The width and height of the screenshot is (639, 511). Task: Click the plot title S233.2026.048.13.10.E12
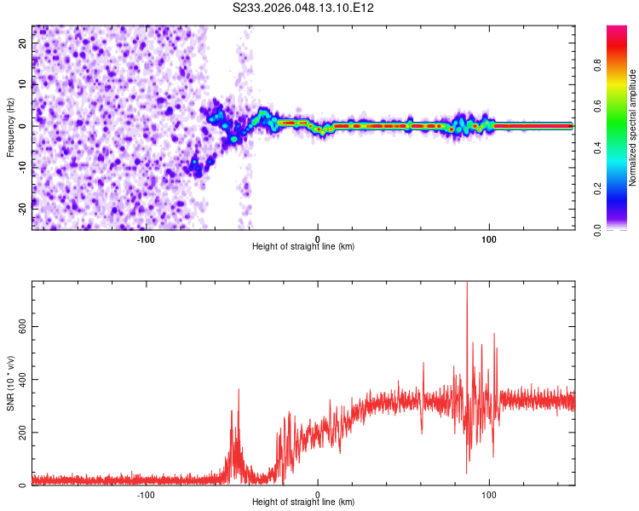(304, 8)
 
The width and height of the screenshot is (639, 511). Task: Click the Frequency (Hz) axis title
(10, 128)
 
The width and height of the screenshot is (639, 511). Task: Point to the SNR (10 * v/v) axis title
(10, 383)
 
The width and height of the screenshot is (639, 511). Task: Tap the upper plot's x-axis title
(303, 246)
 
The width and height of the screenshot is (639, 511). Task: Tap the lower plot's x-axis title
(303, 502)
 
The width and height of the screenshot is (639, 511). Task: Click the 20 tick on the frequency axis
(23, 44)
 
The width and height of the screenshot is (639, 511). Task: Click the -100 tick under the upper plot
(146, 238)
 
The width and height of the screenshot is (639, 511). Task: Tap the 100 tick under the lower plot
(489, 494)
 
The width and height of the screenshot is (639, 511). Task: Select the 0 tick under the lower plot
(318, 494)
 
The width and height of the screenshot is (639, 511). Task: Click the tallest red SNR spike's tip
(467, 283)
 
